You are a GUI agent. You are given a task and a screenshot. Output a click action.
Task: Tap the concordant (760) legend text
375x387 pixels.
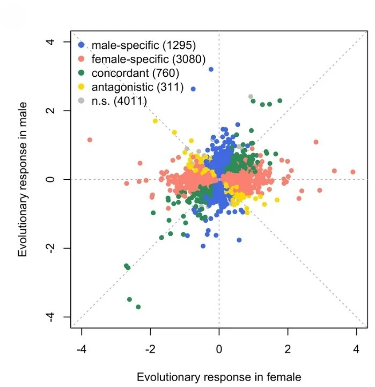pos(135,72)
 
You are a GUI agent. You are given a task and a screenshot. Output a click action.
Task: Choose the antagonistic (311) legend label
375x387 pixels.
pos(137,86)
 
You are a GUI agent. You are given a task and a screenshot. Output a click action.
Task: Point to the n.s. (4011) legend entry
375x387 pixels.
pos(120,100)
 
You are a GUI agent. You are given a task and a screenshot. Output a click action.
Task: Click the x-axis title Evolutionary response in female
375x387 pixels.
pos(219,377)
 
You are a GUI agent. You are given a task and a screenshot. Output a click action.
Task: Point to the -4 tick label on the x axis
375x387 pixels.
pos(81,349)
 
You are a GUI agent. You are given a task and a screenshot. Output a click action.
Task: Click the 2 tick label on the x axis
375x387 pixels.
pos(288,349)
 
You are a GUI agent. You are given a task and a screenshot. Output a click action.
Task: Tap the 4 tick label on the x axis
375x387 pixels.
pos(356,349)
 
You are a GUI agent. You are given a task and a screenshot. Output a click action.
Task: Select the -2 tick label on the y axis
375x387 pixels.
pos(52,248)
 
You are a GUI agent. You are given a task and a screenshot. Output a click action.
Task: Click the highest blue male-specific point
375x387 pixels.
pos(211,69)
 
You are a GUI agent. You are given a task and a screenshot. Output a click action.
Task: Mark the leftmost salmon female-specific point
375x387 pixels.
pos(90,140)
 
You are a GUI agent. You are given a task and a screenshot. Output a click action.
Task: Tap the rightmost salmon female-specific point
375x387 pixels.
pos(353,172)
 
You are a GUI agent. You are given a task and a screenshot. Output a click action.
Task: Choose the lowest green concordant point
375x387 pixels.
pos(138,307)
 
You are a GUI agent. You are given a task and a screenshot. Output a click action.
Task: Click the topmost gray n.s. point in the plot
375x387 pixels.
pos(251,97)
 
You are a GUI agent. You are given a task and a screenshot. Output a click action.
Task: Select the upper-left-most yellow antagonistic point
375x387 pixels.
pos(155,121)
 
